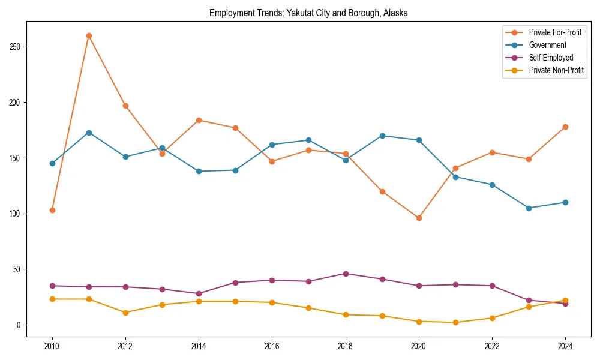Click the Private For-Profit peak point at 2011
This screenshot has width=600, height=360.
89,35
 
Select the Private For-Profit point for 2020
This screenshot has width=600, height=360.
419,218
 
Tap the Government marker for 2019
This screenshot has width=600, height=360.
382,136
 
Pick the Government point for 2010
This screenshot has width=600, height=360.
52,163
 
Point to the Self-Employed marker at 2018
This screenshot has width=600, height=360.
346,274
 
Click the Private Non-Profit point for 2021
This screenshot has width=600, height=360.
455,322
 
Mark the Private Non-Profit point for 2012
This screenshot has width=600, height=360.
125,313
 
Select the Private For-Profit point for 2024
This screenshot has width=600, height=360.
565,127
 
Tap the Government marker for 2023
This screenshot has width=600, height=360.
529,208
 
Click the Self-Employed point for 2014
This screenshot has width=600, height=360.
199,293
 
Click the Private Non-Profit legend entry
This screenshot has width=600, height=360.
556,70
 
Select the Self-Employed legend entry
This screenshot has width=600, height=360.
551,58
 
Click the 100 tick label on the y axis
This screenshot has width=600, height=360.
16,214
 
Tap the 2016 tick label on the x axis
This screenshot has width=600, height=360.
272,347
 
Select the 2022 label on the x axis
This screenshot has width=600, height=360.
492,347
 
